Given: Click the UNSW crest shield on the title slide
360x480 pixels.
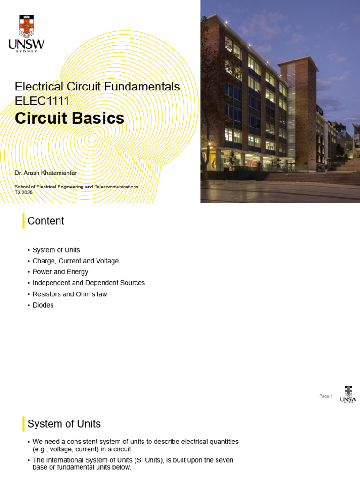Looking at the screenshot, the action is (27, 26).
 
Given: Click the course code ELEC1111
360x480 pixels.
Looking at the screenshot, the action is (42, 101).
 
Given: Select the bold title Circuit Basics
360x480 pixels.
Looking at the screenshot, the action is (69, 118).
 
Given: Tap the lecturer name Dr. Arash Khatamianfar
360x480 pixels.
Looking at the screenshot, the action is (45, 173).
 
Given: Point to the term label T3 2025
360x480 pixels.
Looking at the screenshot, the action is (23, 192).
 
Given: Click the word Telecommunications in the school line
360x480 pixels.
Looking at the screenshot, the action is (116, 187).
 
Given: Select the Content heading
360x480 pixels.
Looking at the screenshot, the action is (45, 221).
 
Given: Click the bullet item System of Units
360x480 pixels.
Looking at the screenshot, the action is (56, 250).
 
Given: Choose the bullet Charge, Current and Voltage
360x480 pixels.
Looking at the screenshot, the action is (75, 261).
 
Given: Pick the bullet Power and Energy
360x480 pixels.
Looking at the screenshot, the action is (60, 272).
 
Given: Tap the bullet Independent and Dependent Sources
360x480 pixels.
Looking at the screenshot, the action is (89, 283).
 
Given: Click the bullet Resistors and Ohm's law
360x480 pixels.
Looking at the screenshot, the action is (70, 294).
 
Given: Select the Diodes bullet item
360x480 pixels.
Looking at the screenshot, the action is (43, 305).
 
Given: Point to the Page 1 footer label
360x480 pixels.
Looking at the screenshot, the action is (326, 396).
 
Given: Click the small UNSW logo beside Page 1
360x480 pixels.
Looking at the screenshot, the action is (348, 394).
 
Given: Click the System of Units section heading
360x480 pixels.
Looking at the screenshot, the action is (64, 424).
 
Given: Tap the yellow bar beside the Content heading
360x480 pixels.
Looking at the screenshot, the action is (23, 221).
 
